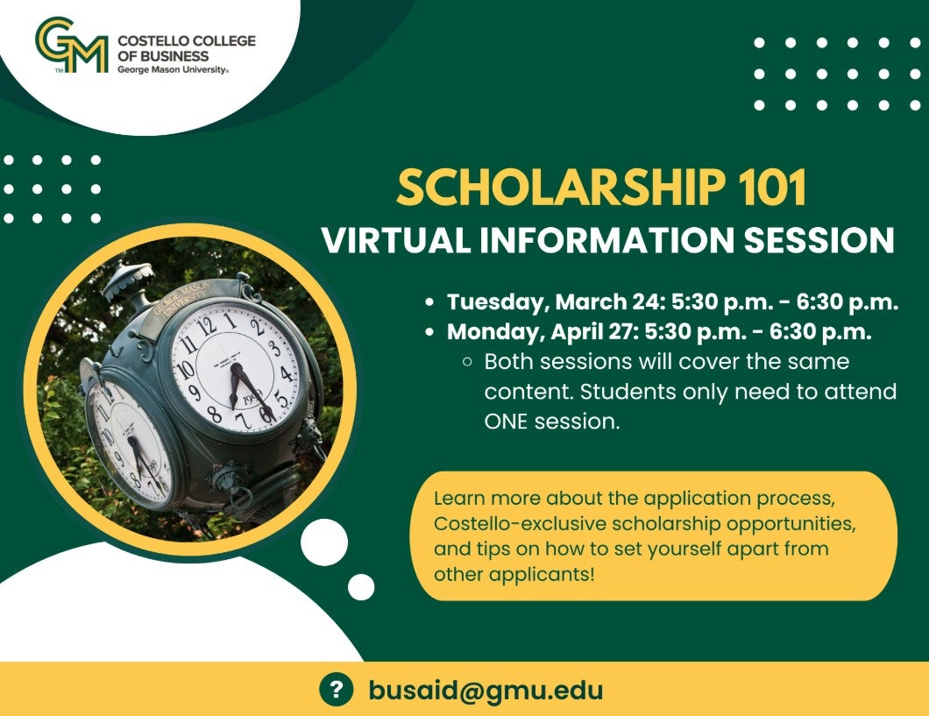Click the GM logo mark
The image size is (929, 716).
point(72,45)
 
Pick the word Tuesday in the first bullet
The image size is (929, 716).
point(499,302)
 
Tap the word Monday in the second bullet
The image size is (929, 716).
point(496,332)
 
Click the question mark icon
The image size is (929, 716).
point(336,690)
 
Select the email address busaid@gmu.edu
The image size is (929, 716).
point(486,690)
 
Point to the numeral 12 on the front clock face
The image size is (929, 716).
point(206,325)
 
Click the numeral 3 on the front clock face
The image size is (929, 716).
point(274,347)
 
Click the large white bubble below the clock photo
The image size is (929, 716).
point(324,542)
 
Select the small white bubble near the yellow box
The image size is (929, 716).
point(361,587)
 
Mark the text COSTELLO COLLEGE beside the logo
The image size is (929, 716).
point(187,41)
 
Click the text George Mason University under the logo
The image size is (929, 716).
point(172,70)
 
